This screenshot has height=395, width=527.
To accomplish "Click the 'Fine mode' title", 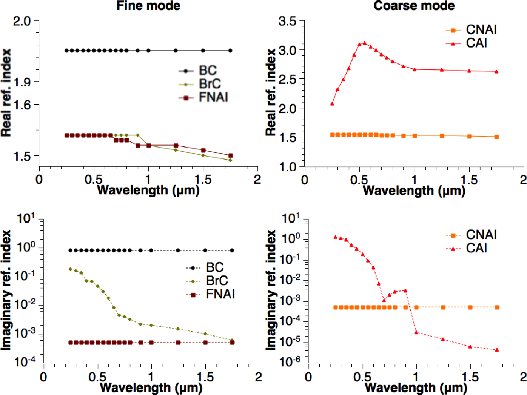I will click(148, 6).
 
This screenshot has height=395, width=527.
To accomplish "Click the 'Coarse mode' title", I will click(414, 6).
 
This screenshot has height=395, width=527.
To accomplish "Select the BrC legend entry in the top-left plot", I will click(210, 84).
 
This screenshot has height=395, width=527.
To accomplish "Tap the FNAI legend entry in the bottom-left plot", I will click(220, 294).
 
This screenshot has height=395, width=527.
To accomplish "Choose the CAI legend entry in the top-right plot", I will click(476, 43).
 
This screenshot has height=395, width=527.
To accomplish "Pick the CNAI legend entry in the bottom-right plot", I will click(481, 235).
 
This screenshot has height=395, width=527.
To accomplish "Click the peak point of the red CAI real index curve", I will click(365, 43).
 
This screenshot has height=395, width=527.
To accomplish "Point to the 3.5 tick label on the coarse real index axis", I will click(287, 21).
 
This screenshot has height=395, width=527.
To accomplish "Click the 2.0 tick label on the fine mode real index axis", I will click(22, 21).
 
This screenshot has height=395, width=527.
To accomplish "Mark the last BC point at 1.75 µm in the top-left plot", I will click(230, 51).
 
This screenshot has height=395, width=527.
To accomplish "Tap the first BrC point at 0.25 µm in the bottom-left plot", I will click(70, 269).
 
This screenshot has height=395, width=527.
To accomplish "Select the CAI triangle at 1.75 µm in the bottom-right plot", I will click(497, 350).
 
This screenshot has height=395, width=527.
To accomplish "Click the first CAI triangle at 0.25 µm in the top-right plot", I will click(332, 104).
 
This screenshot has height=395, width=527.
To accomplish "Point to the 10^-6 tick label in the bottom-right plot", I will click(291, 361).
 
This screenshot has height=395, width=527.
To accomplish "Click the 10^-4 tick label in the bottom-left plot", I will click(25, 361).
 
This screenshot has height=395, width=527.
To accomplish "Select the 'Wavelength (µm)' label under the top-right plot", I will click(414, 191).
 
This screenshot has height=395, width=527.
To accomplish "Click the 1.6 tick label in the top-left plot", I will click(22, 105).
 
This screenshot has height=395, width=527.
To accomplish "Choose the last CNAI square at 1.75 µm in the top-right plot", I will click(497, 137).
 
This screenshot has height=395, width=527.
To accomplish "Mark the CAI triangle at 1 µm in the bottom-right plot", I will click(416, 332).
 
